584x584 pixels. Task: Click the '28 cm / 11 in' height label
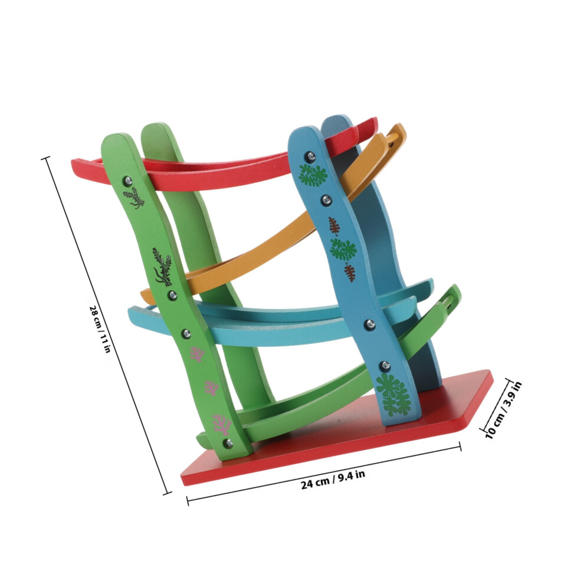click(100, 329)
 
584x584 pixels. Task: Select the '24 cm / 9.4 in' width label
click(333, 480)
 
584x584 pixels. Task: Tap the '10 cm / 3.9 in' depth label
click(504, 410)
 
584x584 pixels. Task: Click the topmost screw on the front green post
click(128, 181)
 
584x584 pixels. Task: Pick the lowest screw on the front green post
click(228, 443)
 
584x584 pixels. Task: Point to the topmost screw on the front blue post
click(310, 156)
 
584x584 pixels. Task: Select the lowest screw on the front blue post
click(385, 366)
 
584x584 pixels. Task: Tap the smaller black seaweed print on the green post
click(134, 198)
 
